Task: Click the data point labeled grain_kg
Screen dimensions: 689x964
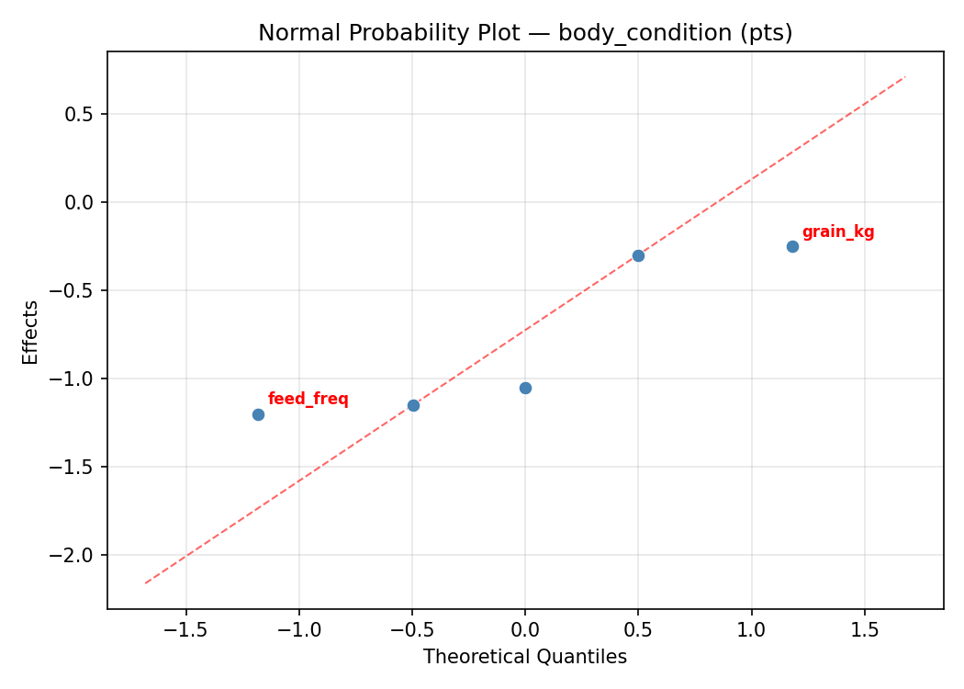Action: (x=792, y=246)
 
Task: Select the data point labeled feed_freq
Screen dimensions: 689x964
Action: (x=258, y=414)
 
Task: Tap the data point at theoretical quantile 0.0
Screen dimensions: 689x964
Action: (x=525, y=388)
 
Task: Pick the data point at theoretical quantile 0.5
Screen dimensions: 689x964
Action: (x=638, y=255)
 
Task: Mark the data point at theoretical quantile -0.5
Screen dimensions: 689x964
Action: (x=413, y=405)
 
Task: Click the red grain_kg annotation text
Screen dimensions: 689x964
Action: (x=838, y=232)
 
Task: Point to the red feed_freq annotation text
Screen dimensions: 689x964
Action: (x=308, y=399)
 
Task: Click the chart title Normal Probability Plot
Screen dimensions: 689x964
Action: (x=525, y=33)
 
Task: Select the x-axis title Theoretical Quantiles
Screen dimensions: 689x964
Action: (x=525, y=657)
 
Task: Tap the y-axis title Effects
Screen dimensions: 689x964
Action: (x=31, y=332)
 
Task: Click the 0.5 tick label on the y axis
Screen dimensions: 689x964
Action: (x=80, y=114)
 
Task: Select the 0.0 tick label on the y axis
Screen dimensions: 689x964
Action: (x=80, y=202)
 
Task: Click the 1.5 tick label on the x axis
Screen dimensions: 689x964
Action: (x=864, y=631)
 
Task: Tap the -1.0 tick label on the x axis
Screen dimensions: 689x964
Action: (x=299, y=631)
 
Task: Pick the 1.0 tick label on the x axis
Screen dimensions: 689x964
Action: (x=751, y=631)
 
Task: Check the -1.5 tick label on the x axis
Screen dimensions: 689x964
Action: (x=186, y=631)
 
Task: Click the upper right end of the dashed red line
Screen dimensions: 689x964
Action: (x=905, y=76)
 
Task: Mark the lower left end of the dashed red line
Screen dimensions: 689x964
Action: (x=145, y=583)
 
